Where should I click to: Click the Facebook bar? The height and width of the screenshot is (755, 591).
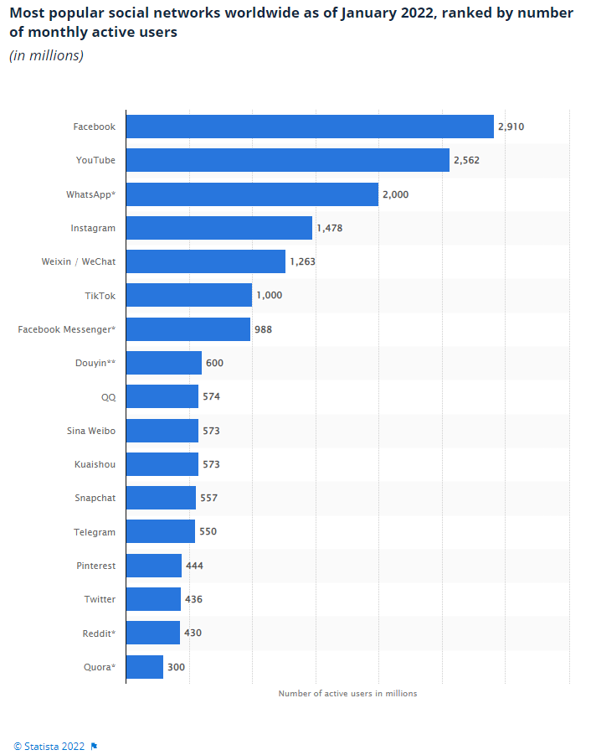coord(310,127)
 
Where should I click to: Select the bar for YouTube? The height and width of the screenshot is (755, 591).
coord(287,160)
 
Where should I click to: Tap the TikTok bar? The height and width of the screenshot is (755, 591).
coord(188,295)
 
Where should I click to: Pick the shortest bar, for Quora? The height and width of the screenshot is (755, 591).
coord(144,667)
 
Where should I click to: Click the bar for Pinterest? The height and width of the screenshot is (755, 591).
coord(153,566)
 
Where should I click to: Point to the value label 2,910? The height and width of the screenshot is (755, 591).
coord(511,127)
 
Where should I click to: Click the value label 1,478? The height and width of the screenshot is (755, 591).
coord(329,228)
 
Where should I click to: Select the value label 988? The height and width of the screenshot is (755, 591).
coord(263,329)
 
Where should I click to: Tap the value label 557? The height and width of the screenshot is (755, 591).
coord(208,498)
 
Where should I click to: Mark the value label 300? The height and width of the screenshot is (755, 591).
coord(176,667)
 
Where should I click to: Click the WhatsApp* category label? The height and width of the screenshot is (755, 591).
coord(90,194)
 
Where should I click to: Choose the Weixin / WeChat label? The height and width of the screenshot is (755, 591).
coord(78,261)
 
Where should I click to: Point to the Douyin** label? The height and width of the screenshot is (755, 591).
coord(95,363)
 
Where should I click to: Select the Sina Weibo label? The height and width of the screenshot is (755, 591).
coord(90,431)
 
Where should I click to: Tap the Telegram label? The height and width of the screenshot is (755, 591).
coord(95,532)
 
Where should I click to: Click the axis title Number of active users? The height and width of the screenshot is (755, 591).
coord(347,693)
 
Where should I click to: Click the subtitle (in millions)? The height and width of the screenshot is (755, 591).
coord(46,56)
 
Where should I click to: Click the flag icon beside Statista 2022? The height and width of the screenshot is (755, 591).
coord(94,746)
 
